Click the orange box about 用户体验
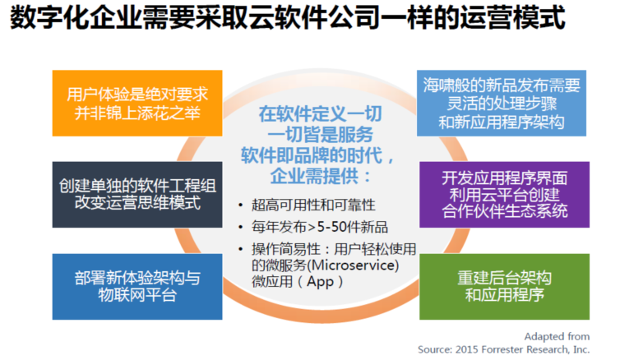click(x=137, y=103)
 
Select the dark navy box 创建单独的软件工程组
click(x=137, y=195)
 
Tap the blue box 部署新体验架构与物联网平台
click(x=137, y=287)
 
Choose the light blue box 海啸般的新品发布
click(x=502, y=103)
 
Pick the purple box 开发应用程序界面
click(x=504, y=195)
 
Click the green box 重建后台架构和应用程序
click(x=504, y=287)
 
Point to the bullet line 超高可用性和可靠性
click(x=313, y=205)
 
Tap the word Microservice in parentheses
click(x=354, y=265)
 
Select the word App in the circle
click(x=320, y=282)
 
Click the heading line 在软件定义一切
click(x=321, y=113)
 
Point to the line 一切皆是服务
click(x=321, y=134)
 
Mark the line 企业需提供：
click(x=321, y=176)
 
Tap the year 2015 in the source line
click(x=466, y=349)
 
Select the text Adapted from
click(x=557, y=337)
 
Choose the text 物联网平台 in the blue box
click(x=137, y=295)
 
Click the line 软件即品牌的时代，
click(x=317, y=155)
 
